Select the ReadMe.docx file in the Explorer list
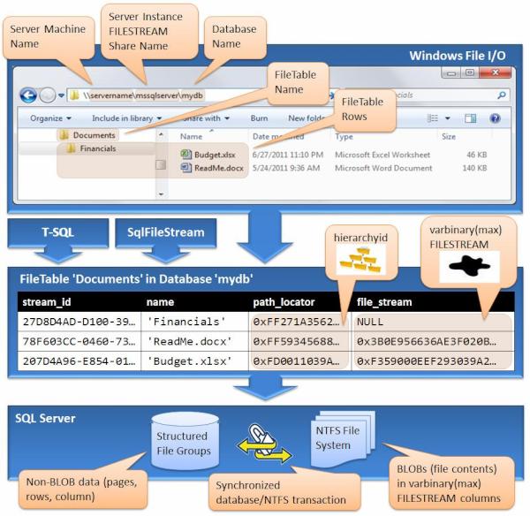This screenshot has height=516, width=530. coord(217,166)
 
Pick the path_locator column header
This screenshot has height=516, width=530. coord(284,300)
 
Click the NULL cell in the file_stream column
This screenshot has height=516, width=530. coord(371,322)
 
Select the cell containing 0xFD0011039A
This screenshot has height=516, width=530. coord(296,361)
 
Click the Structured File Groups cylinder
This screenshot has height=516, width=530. coord(181,442)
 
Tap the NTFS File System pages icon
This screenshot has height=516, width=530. coord(335,439)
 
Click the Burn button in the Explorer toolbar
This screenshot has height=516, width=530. coord(259,118)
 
